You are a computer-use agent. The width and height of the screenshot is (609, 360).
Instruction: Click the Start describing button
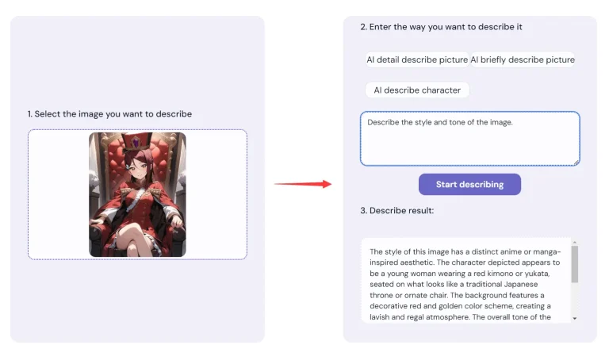(x=469, y=185)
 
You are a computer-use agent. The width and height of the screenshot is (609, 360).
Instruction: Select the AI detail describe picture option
(x=417, y=59)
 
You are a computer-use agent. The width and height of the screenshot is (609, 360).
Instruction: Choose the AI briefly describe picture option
(x=523, y=59)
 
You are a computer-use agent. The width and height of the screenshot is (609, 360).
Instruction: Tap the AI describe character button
(x=417, y=90)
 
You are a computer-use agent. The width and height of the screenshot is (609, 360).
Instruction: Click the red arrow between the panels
(x=303, y=184)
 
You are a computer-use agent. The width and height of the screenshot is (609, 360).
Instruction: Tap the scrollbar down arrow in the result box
(x=575, y=319)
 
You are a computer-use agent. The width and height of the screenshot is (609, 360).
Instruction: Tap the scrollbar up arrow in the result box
(x=575, y=243)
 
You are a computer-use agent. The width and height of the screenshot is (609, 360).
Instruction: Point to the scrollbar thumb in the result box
(x=575, y=264)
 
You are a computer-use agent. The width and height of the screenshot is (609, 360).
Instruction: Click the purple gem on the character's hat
(x=136, y=144)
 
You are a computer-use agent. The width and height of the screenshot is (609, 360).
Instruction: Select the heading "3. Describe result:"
(x=397, y=210)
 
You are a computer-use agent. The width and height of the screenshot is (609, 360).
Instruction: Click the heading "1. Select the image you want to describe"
(x=109, y=113)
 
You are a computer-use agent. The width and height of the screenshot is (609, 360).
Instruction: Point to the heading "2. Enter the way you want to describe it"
(x=441, y=27)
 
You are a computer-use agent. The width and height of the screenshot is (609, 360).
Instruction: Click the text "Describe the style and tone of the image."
(x=440, y=122)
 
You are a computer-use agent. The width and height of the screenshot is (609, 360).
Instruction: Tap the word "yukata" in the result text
(x=537, y=274)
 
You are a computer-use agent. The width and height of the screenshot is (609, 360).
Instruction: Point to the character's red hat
(x=136, y=143)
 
